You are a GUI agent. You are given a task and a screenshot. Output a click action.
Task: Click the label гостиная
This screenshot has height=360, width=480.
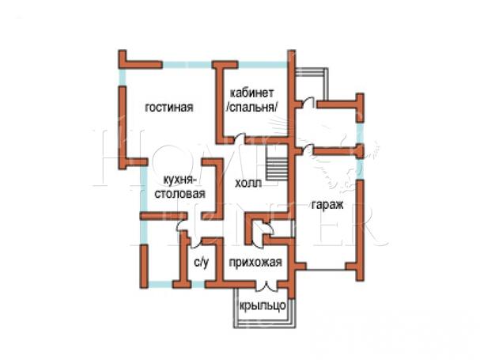[169, 108]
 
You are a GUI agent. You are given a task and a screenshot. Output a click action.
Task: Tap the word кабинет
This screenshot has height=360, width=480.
[252, 93]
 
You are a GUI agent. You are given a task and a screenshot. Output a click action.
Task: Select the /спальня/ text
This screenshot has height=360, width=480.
[252, 108]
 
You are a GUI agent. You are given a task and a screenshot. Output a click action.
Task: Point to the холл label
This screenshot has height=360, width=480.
[248, 184]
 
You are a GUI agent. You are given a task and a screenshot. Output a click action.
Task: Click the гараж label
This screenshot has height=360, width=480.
[327, 205]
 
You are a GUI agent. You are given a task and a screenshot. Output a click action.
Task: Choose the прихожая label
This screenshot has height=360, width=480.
[255, 263]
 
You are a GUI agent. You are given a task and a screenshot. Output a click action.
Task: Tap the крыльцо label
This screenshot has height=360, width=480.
[263, 305]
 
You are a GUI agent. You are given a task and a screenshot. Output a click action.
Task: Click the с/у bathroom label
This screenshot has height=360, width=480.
[202, 263]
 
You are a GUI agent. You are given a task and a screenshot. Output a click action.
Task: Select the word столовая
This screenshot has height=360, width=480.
[180, 194]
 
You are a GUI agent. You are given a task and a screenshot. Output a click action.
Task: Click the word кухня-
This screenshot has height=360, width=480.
[179, 180]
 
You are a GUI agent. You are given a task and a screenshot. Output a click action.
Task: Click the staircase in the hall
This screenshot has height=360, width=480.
[278, 162]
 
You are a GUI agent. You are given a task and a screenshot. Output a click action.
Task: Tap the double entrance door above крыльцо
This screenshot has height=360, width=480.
[266, 286]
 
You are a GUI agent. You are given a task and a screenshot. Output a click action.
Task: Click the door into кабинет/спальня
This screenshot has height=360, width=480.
[240, 138]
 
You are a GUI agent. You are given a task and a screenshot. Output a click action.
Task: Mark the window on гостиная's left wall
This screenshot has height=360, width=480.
[122, 78]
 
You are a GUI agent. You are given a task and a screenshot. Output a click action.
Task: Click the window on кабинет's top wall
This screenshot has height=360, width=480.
[263, 65]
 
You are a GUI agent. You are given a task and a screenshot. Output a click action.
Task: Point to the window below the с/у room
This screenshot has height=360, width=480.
[198, 285]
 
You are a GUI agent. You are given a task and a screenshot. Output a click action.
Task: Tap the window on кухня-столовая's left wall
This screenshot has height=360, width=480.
[143, 190]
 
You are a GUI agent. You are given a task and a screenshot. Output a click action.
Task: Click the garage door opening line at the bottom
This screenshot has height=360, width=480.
[326, 270]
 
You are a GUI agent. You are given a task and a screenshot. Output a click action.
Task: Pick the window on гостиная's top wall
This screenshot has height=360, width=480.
[187, 65]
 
